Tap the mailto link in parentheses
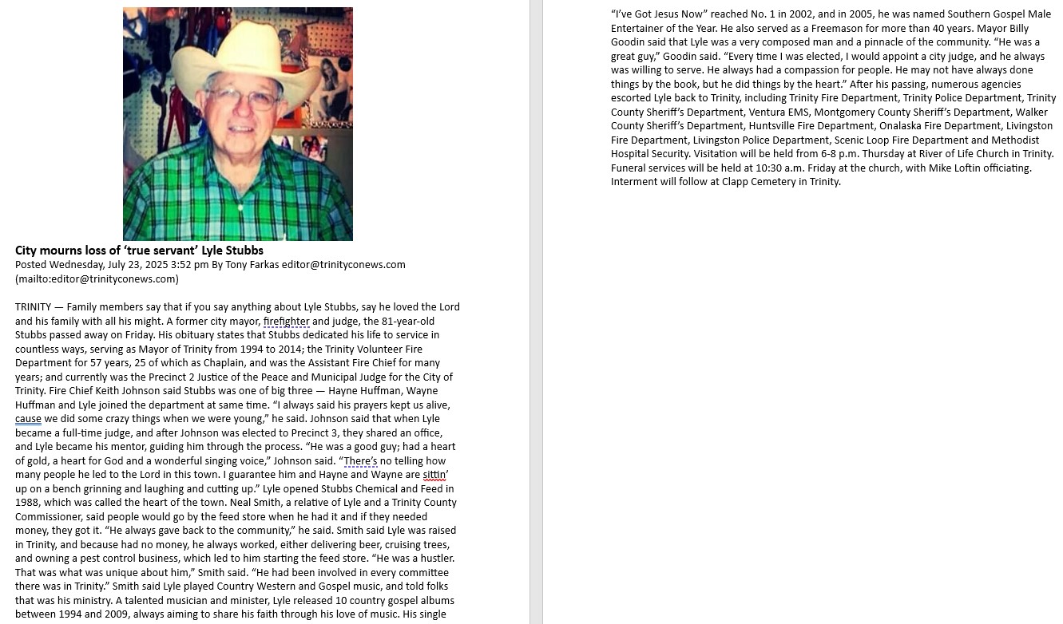tap(97, 279)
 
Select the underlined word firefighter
tap(286, 322)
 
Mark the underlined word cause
tap(28, 419)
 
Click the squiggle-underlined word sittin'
tap(435, 475)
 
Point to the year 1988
tap(28, 503)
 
